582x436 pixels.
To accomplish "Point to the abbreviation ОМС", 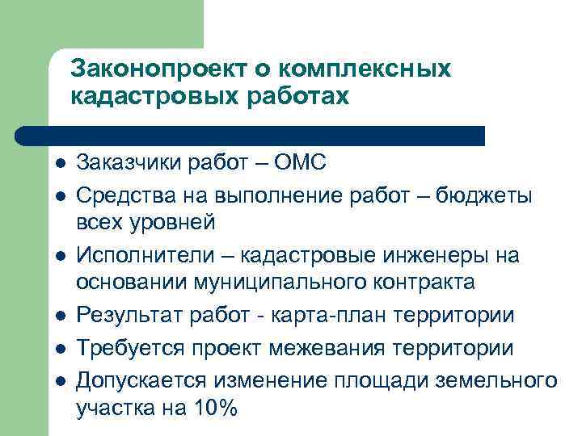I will click(x=300, y=163).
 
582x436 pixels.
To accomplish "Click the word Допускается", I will click(x=142, y=379).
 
